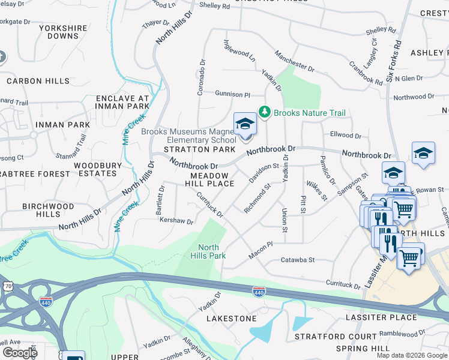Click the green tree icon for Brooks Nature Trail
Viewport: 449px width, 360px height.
click(x=265, y=112)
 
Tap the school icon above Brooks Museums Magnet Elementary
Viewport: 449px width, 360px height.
click(x=245, y=125)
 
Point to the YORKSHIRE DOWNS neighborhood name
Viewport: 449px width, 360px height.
click(x=63, y=32)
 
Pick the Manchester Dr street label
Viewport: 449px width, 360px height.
click(x=294, y=61)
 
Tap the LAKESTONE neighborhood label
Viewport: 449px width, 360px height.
click(x=232, y=319)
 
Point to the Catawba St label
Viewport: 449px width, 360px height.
click(x=298, y=260)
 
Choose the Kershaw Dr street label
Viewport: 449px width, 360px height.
click(x=176, y=221)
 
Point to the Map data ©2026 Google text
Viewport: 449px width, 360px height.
click(x=411, y=355)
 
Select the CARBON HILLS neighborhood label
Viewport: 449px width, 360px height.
click(x=38, y=81)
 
